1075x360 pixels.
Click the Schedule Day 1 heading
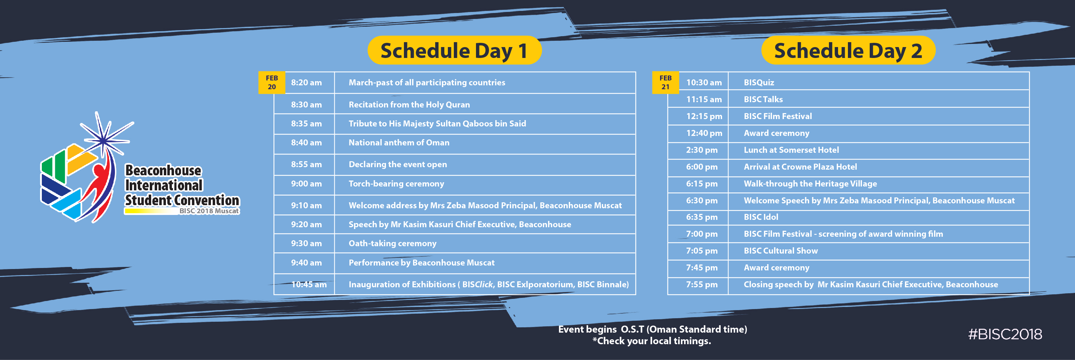tap(454, 51)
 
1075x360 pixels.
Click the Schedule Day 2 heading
tap(848, 51)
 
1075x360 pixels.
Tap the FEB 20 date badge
tap(272, 83)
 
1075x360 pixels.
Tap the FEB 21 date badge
tap(665, 83)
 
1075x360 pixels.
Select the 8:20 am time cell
tap(306, 83)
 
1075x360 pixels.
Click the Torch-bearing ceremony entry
tap(396, 184)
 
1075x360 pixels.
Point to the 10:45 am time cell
tap(309, 284)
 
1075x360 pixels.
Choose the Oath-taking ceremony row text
tap(392, 243)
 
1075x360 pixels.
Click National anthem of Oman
tap(399, 143)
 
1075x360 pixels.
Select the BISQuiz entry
tap(759, 83)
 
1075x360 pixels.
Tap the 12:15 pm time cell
tap(704, 116)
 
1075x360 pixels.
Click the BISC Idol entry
tap(761, 217)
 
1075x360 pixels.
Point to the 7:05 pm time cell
tap(702, 251)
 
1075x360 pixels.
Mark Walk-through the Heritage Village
tap(810, 184)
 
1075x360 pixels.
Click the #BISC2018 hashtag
tap(1005, 334)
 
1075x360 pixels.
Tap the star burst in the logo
tap(103, 136)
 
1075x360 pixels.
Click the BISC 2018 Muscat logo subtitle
tap(209, 211)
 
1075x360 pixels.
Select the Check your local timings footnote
tap(651, 341)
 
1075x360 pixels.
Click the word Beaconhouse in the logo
tap(163, 170)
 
